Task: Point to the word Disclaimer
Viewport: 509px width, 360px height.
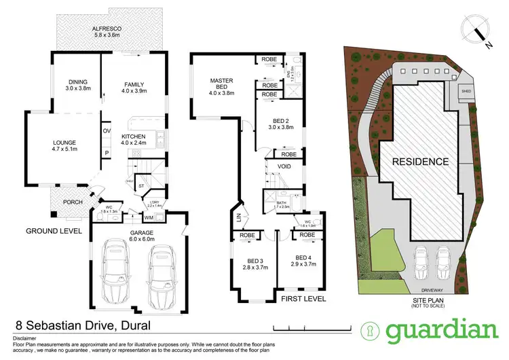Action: click(x=22, y=338)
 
